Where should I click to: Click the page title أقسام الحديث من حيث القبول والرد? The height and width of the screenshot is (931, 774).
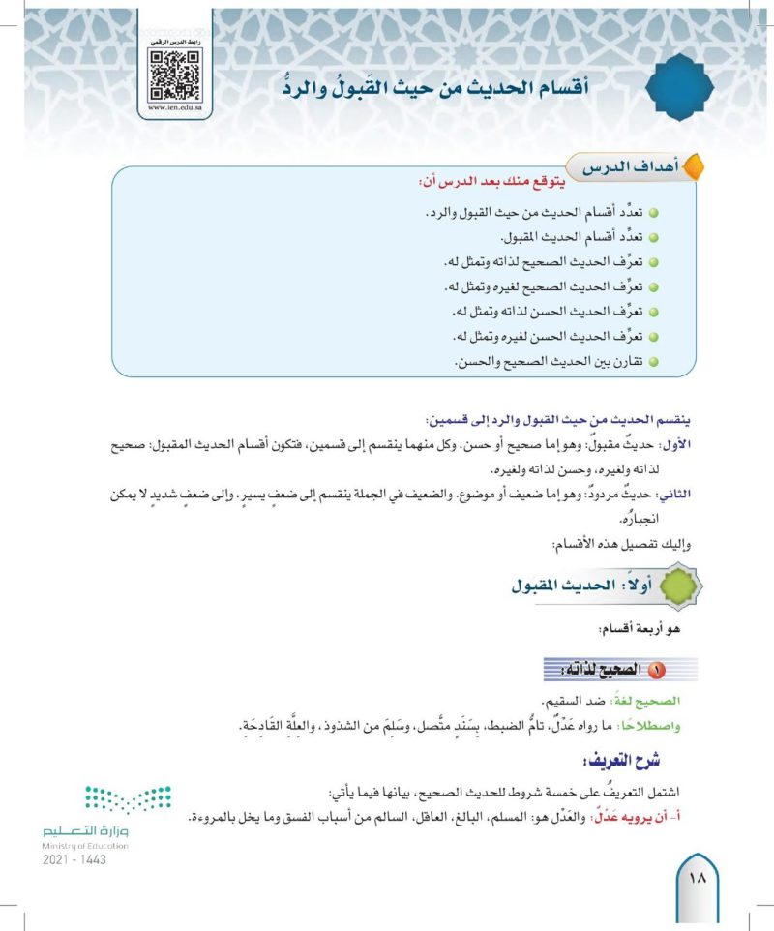tap(437, 88)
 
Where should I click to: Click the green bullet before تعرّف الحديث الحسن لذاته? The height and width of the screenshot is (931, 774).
tap(653, 312)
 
